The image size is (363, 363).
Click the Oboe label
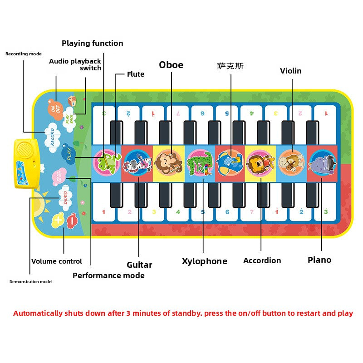[x=171, y=65]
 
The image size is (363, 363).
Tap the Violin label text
[x=290, y=71]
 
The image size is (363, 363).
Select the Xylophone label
[x=204, y=261]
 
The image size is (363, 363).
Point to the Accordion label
[x=262, y=260]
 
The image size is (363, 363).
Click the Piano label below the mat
[x=319, y=260]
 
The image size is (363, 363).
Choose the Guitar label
[x=139, y=265]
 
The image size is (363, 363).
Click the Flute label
[x=136, y=74]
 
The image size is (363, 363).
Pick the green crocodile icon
[x=200, y=163]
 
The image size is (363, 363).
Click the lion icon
[x=260, y=162]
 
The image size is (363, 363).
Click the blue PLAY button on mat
[x=69, y=153]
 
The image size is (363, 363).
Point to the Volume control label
[x=57, y=261]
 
